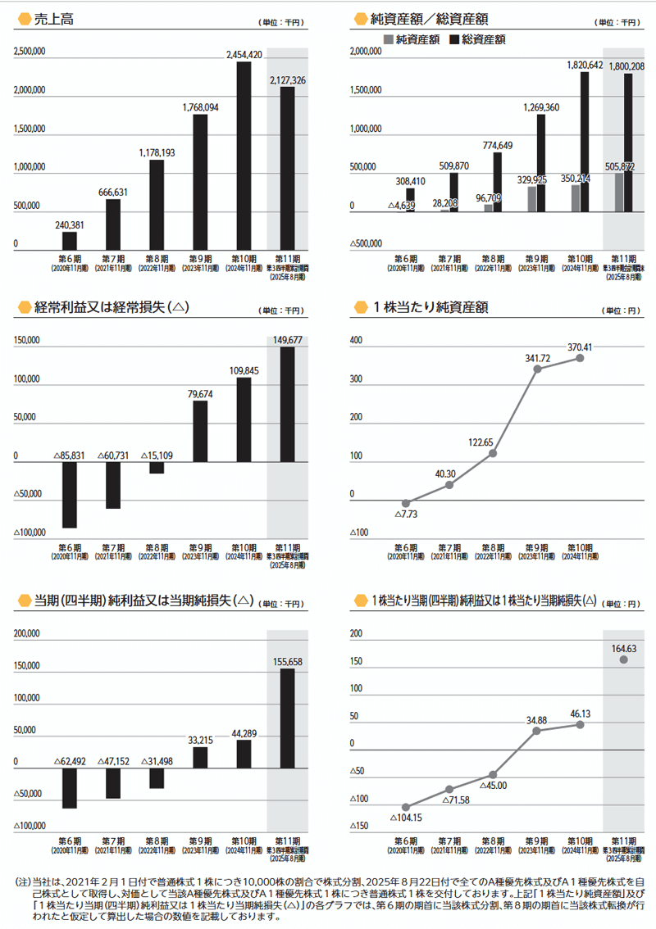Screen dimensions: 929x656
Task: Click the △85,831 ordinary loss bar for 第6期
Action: tap(70, 495)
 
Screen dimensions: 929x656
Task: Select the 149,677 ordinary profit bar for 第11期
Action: tap(287, 404)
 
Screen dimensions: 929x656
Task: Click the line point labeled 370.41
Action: tap(581, 358)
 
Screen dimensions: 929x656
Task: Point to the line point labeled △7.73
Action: tap(405, 503)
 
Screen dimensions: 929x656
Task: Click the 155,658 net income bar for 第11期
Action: tap(287, 715)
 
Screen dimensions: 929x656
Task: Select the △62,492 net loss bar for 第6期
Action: tap(70, 785)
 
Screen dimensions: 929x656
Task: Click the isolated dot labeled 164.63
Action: tap(624, 659)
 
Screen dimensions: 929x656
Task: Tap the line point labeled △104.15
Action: tap(405, 807)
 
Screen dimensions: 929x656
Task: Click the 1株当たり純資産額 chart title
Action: tap(430, 307)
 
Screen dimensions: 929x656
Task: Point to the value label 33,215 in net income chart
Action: tap(200, 740)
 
